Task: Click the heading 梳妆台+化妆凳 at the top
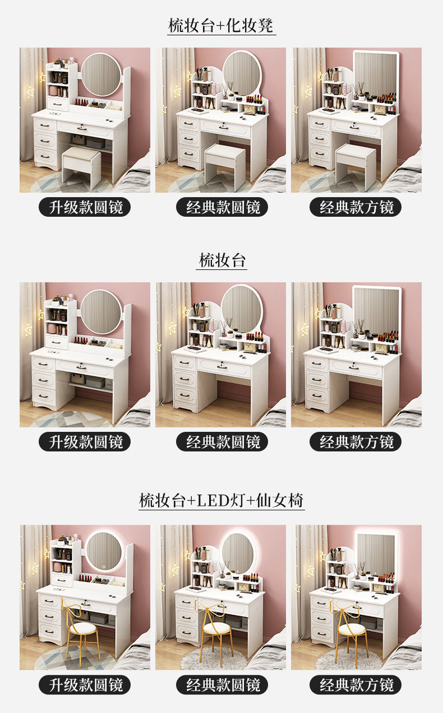click(221, 25)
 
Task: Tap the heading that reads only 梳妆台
click(222, 260)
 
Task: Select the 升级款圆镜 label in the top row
click(85, 207)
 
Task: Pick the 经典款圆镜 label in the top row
click(222, 207)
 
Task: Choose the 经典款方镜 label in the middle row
click(356, 441)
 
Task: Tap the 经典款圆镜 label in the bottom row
click(222, 684)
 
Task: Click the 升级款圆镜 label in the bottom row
click(85, 684)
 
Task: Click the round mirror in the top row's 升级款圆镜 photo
click(101, 74)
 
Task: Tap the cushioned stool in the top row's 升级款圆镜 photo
click(81, 167)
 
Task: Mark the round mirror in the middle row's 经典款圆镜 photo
click(242, 309)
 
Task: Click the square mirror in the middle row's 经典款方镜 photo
click(377, 314)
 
